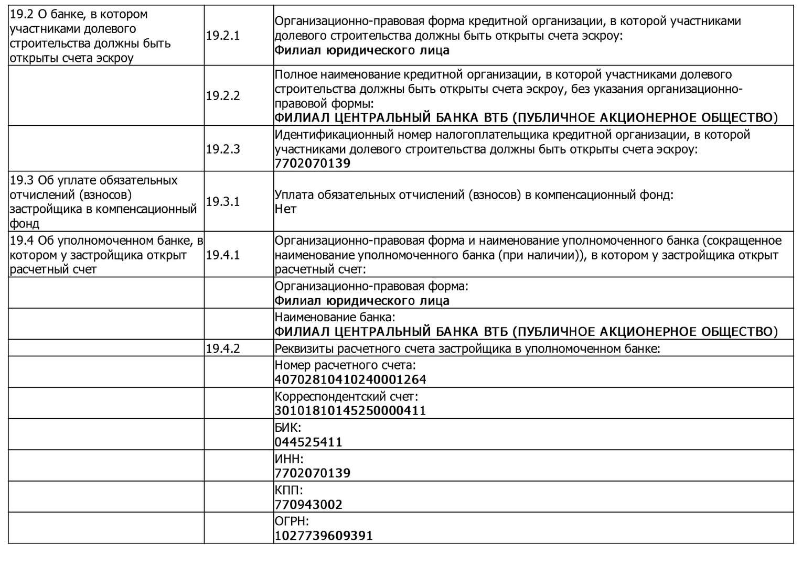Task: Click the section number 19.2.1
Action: pyautogui.click(x=222, y=36)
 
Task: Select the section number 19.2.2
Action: pyautogui.click(x=222, y=96)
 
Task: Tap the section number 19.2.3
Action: pyautogui.click(x=222, y=149)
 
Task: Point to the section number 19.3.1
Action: pyautogui.click(x=222, y=202)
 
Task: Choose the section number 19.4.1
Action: pyautogui.click(x=222, y=255)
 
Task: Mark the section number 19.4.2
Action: pyautogui.click(x=222, y=349)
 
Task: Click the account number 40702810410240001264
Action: pyautogui.click(x=350, y=379)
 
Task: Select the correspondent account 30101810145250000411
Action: pyautogui.click(x=350, y=410)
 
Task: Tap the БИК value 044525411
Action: pyautogui.click(x=308, y=442)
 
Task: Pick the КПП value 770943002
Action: pyautogui.click(x=308, y=505)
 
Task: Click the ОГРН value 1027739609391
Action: pyautogui.click(x=324, y=536)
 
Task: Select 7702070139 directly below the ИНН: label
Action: pyautogui.click(x=313, y=473)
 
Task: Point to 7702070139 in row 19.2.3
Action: pyautogui.click(x=313, y=164)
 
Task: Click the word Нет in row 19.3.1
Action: pyautogui.click(x=285, y=209)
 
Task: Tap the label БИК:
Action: pyautogui.click(x=288, y=428)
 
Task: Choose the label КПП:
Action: pyautogui.click(x=289, y=491)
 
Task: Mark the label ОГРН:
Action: pyautogui.click(x=292, y=521)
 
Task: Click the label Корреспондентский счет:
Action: pyautogui.click(x=346, y=397)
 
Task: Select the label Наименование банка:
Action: pyautogui.click(x=335, y=318)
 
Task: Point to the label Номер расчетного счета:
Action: pyautogui.click(x=345, y=365)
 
